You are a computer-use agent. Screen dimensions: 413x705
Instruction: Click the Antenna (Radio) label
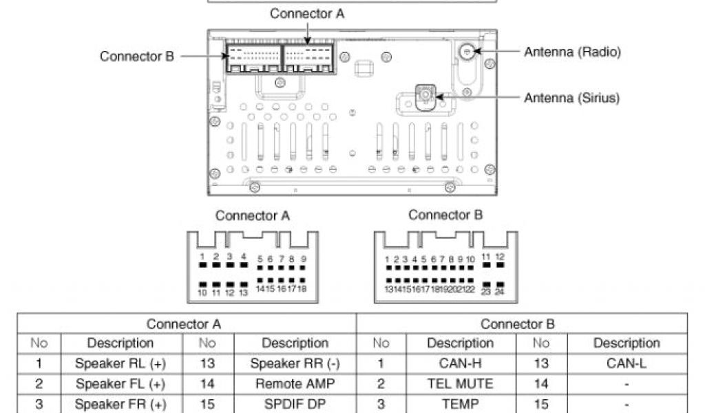572,52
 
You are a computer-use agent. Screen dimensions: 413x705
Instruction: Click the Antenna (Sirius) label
571,98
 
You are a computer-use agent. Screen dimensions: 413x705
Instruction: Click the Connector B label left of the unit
137,56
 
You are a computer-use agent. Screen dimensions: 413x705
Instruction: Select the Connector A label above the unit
306,13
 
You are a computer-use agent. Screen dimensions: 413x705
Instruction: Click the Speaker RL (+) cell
120,363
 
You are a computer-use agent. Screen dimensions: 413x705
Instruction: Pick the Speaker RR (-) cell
295,363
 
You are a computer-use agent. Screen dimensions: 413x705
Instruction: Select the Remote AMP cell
295,383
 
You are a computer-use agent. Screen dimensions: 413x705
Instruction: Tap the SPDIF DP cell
295,404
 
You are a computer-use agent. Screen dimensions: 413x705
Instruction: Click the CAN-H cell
459,363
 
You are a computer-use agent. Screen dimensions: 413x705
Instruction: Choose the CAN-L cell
626,363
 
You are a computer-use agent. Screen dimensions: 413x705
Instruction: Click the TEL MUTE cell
459,383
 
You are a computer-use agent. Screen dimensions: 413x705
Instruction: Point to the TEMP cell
459,404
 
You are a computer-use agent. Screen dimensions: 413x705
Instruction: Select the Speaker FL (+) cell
120,383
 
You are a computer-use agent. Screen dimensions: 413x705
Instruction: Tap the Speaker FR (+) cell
120,404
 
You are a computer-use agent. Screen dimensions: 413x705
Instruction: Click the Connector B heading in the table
518,324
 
